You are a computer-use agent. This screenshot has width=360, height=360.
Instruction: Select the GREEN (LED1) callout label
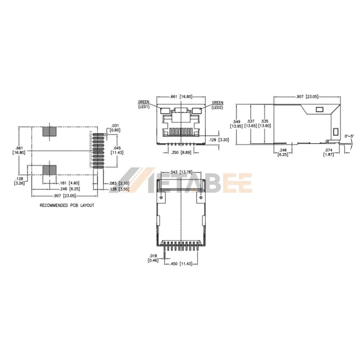tap(143, 104)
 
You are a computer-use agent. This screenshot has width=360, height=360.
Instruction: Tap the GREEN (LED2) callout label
tap(217, 104)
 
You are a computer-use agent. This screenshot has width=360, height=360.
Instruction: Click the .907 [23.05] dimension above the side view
tap(307, 96)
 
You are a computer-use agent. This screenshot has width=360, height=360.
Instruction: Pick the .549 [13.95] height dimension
tap(238, 123)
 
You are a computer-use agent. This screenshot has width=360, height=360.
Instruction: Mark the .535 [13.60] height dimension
tap(271, 123)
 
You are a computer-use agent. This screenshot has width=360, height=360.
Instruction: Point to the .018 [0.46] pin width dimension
tap(153, 258)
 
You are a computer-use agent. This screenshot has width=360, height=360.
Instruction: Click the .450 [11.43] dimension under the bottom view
tap(182, 264)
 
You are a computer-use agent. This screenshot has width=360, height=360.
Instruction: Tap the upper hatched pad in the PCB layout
tap(50, 133)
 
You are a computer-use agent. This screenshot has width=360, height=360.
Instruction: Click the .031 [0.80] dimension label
tap(115, 128)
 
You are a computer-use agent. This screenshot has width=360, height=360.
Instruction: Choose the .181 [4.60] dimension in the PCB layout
tap(67, 182)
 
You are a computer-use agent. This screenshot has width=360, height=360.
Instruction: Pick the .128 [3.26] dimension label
tap(20, 181)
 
